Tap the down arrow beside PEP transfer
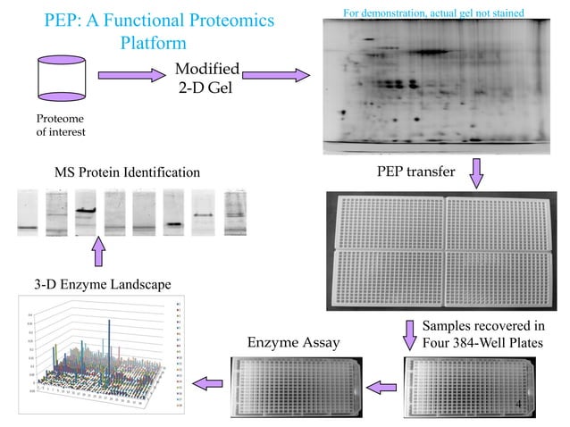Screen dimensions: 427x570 pyautogui.click(x=475, y=172)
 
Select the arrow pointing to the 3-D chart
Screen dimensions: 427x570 pyautogui.click(x=209, y=383)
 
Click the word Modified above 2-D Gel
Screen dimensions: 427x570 pyautogui.click(x=206, y=70)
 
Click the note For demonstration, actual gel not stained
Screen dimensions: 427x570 pyautogui.click(x=433, y=12)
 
